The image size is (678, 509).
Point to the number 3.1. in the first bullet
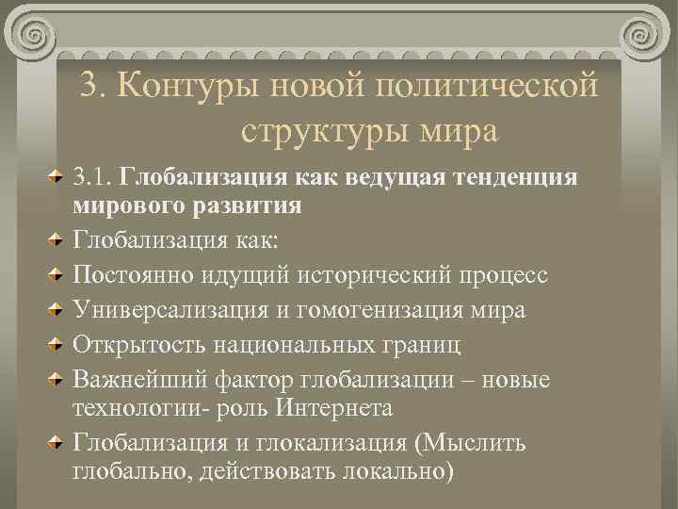pyautogui.click(x=95, y=176)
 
